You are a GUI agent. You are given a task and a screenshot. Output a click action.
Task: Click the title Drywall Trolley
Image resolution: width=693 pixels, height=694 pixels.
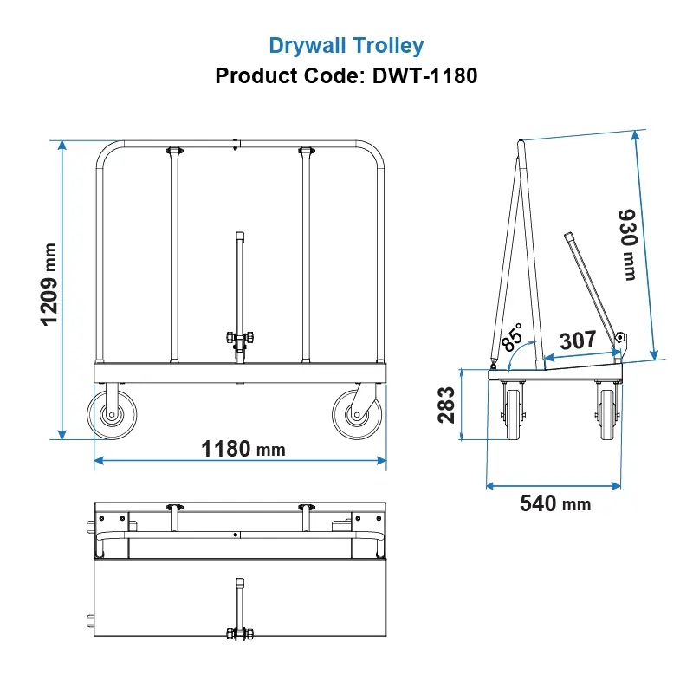[346, 45]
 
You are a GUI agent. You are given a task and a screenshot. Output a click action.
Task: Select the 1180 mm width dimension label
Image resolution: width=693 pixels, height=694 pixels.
[243, 449]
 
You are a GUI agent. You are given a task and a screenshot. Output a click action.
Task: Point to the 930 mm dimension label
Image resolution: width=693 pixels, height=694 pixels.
[627, 243]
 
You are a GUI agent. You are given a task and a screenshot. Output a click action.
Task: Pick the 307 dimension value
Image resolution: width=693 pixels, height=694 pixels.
[578, 340]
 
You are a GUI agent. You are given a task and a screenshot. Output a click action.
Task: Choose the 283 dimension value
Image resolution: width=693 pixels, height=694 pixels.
[447, 405]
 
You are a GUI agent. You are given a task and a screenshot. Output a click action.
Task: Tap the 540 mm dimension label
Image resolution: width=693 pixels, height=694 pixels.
[554, 503]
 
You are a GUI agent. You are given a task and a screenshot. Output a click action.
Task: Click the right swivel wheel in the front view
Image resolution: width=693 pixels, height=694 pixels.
[355, 415]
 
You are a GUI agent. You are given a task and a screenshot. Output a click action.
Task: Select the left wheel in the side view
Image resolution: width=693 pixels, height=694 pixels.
[515, 412]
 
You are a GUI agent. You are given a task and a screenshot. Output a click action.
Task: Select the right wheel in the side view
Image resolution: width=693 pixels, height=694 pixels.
[607, 412]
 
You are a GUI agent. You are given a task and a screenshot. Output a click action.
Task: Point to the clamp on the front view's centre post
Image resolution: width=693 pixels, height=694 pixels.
[239, 339]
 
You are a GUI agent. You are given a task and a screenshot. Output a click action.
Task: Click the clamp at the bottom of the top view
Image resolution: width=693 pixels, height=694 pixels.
[238, 633]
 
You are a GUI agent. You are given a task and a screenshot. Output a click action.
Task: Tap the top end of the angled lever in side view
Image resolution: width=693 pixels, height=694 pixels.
[570, 236]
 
